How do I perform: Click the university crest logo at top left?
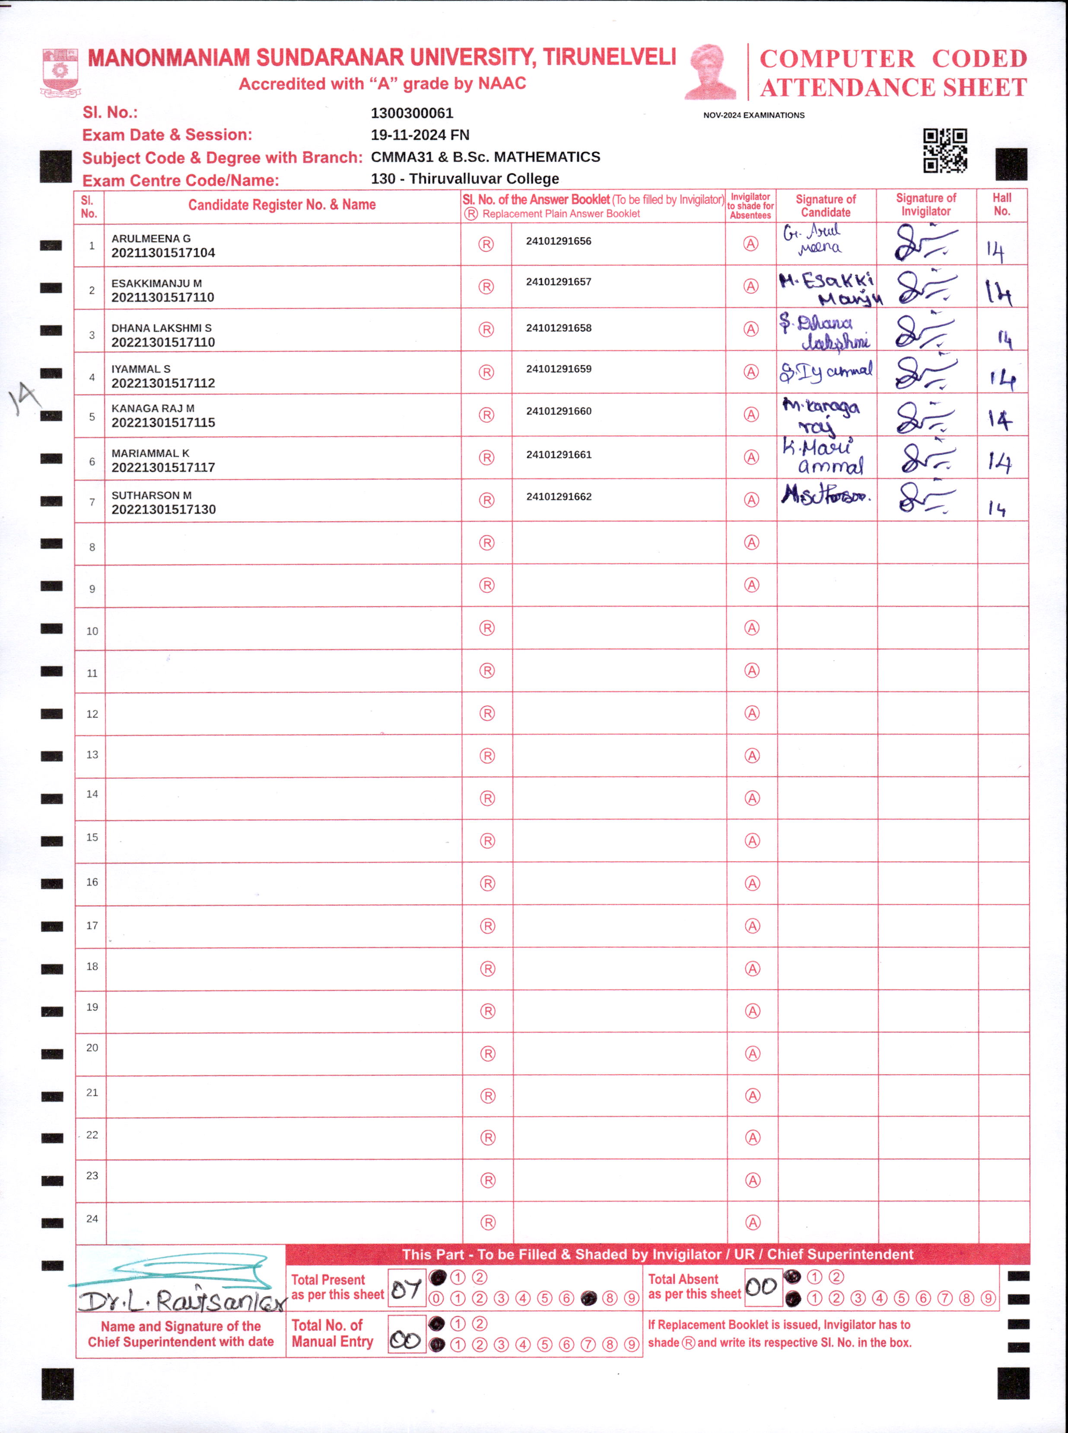60,71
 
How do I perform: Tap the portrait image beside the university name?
711,71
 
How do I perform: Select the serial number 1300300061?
412,113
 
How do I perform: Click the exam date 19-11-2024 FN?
420,135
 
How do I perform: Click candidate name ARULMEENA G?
151,239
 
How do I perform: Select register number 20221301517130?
164,510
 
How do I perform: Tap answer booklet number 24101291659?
559,369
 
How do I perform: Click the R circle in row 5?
486,415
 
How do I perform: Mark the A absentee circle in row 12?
752,713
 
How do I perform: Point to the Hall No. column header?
1001,205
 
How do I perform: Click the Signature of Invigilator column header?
926,205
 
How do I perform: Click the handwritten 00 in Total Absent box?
762,1287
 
